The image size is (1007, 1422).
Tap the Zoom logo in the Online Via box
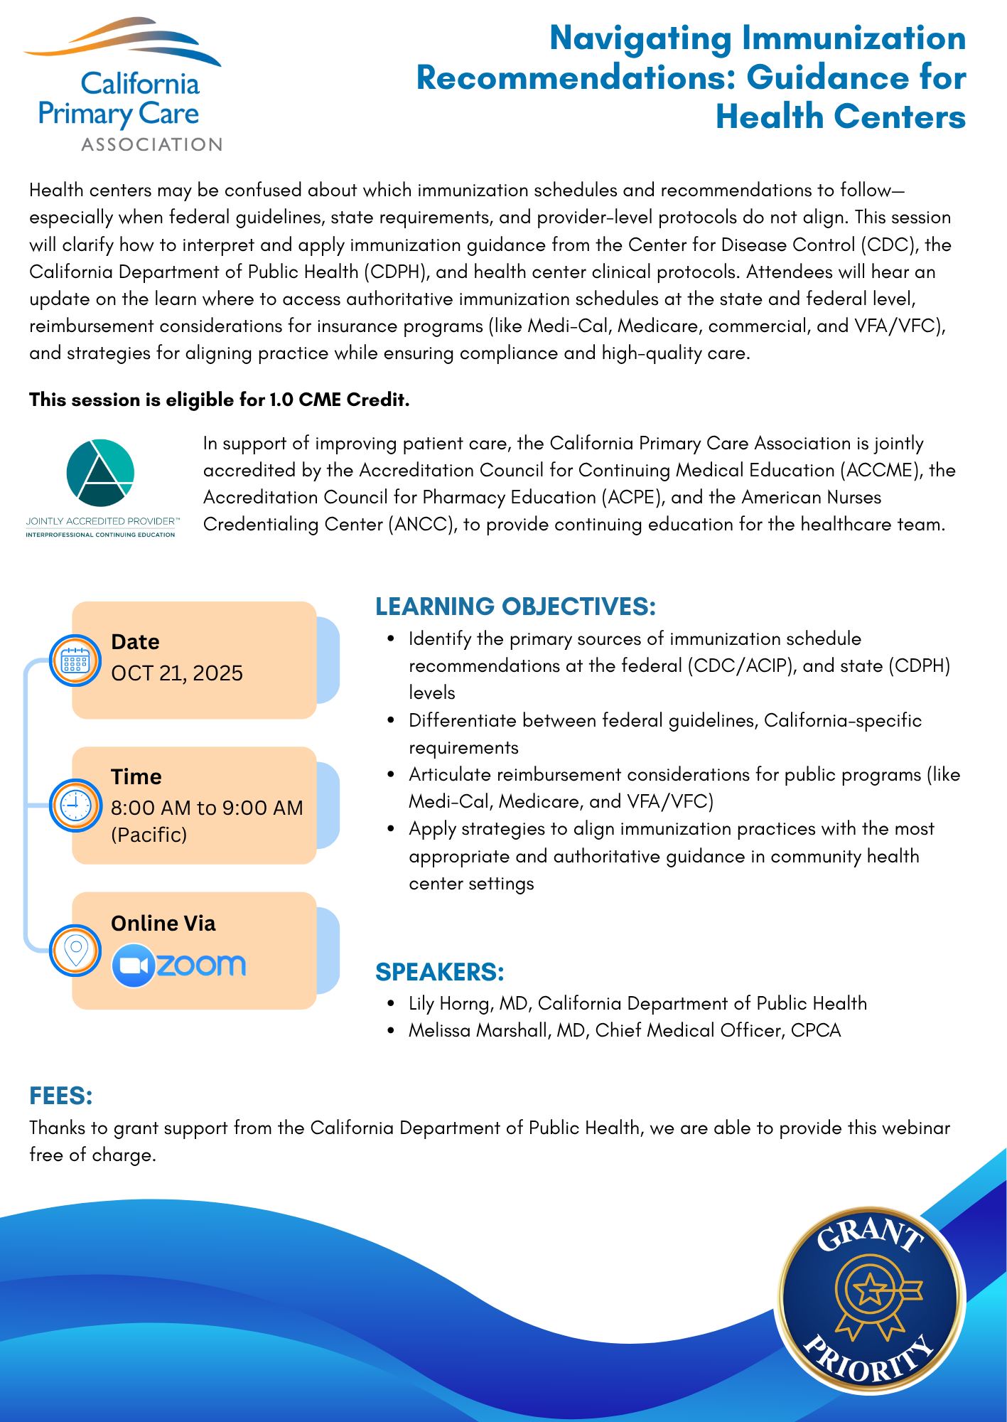179,965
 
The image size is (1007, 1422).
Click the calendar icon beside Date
75,661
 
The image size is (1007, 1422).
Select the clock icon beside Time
75,806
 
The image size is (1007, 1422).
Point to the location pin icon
75,951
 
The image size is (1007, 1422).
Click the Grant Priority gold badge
870,1298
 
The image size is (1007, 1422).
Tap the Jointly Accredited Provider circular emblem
100,473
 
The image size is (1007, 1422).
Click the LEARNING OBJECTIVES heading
515,606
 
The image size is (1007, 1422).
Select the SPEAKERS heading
440,972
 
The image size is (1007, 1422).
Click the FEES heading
61,1096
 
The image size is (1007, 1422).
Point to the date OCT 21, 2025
177,673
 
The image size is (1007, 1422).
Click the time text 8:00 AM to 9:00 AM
207,808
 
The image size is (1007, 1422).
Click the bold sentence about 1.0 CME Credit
219,400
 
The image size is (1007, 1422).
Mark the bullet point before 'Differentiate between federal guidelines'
391,720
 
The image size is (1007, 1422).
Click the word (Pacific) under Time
149,834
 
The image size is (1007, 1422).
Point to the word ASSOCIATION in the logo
152,144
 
